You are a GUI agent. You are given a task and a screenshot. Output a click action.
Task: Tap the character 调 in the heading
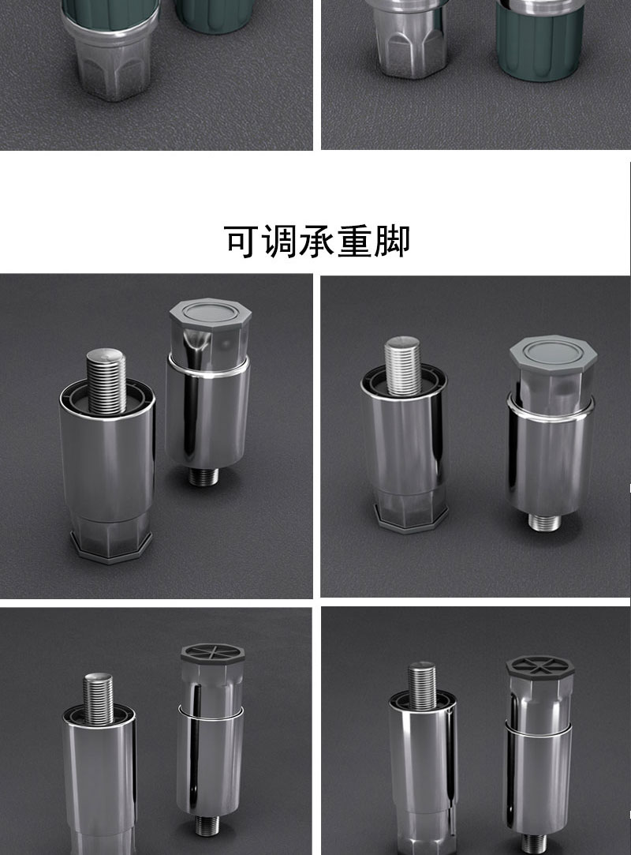pos(279,241)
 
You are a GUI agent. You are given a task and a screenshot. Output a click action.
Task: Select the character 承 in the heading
pos(316,241)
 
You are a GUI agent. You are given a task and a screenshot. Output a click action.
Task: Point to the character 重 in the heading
pos(354,241)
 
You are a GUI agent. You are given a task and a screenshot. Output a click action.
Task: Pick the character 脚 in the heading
pos(392,241)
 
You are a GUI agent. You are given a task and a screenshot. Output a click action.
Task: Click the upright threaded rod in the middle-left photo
pos(106,381)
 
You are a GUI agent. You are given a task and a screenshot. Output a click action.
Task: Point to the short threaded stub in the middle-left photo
pos(203,475)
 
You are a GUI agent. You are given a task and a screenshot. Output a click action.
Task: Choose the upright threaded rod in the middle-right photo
pos(403,366)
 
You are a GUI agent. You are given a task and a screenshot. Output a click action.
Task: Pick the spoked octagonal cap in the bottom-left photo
pos(212,655)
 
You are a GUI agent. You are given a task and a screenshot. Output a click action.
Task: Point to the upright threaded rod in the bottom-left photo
pos(99,699)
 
